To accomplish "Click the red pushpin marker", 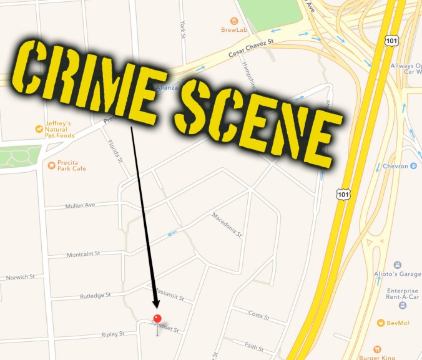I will (x=157, y=319).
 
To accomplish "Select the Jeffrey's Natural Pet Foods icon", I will (x=39, y=129).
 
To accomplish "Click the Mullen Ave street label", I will (x=79, y=206).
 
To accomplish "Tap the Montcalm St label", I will (x=84, y=254).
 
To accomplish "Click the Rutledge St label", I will (x=95, y=294).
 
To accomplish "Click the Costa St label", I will (x=258, y=316).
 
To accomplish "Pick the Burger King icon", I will (x=376, y=349).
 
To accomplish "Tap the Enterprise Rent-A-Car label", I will (x=403, y=295).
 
